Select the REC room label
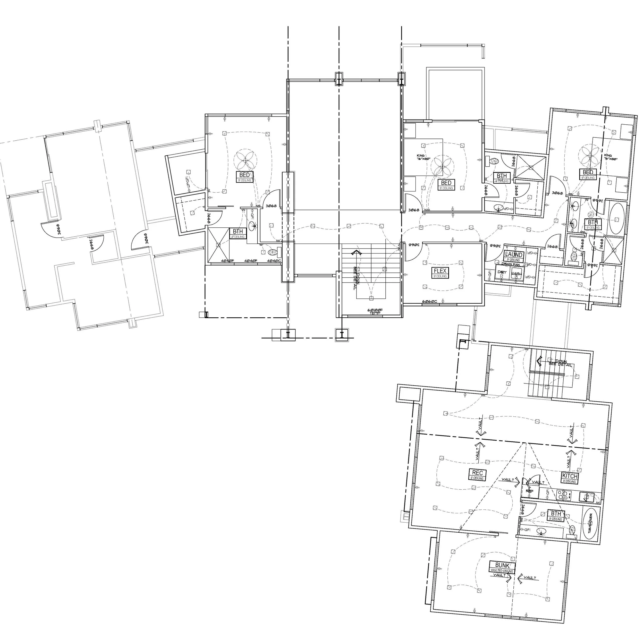[477, 473]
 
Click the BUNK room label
[502, 565]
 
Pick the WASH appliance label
[516, 274]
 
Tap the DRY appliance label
[502, 272]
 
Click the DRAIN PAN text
[510, 264]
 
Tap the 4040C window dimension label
[274, 261]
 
